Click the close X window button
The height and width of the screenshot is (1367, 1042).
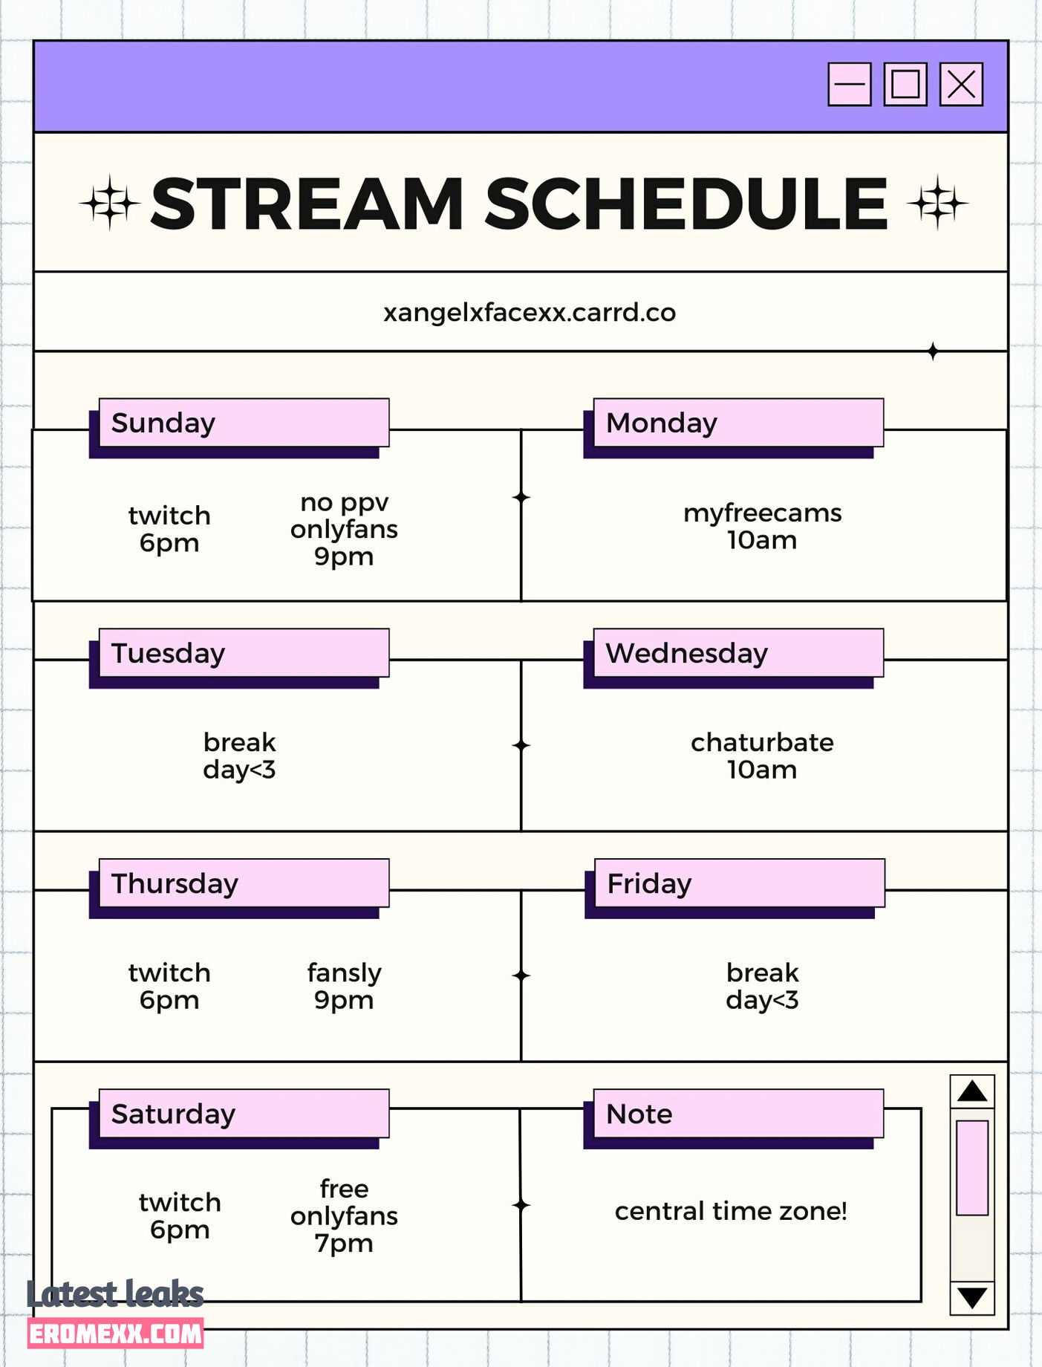coord(961,84)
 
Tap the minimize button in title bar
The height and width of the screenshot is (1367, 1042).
coord(850,84)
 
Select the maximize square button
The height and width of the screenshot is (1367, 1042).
coord(905,84)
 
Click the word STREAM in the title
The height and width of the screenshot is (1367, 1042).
coord(308,204)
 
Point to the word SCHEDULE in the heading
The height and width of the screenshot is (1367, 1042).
coord(687,204)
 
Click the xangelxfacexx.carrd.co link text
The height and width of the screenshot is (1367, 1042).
coord(530,313)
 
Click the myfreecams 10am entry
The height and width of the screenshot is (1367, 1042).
coord(763,526)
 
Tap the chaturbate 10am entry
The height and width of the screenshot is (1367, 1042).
coord(763,756)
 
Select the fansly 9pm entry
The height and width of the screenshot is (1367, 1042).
coord(344,986)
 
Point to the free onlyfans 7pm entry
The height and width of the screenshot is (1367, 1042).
coord(344,1215)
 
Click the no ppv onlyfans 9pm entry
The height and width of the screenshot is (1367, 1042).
coord(344,529)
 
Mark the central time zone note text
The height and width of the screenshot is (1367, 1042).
coord(731,1211)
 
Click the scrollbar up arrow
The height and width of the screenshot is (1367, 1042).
coord(972,1091)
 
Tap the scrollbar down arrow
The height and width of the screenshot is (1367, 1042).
coord(972,1298)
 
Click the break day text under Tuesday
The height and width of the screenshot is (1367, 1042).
coord(239,756)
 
